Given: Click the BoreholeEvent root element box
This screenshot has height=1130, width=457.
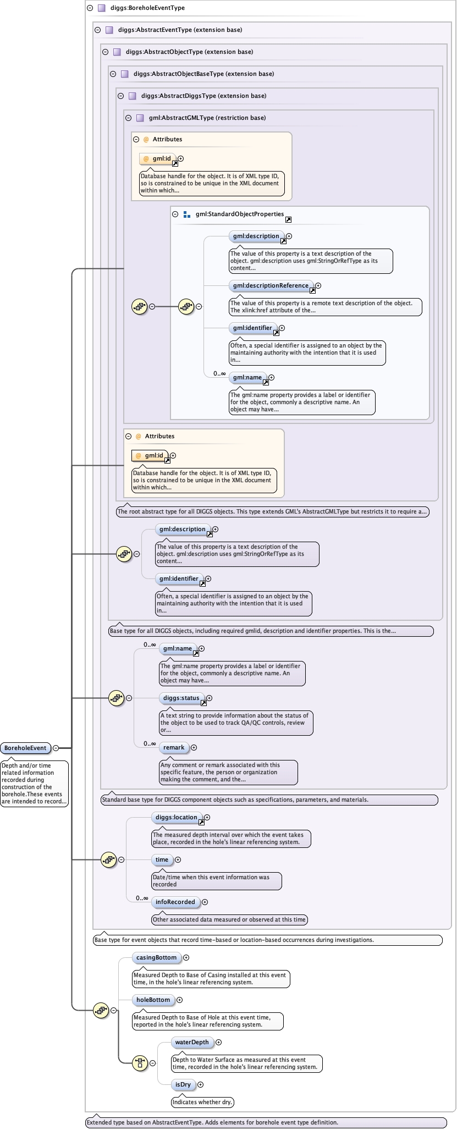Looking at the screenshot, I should (x=26, y=748).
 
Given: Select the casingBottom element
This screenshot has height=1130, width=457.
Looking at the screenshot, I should (x=156, y=957).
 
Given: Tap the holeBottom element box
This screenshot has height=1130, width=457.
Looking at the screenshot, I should (x=153, y=1000).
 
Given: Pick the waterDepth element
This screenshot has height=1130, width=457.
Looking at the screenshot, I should (x=192, y=1042).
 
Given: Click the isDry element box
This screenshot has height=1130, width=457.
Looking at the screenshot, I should (x=183, y=1084).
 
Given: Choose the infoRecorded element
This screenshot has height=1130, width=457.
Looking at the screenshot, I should (x=175, y=902).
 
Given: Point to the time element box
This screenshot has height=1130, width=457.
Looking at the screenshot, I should (x=162, y=859).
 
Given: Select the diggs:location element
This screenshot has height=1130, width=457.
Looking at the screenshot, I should (x=177, y=818).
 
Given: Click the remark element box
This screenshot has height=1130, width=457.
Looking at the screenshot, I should (x=174, y=747).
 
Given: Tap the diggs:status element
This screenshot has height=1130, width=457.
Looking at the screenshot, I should (x=181, y=698).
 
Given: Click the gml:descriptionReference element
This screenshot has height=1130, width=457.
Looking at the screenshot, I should (x=271, y=286).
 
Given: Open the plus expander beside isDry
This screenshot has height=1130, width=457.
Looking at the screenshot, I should (x=200, y=1085).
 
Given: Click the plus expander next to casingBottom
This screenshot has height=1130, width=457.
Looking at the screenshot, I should (x=186, y=957).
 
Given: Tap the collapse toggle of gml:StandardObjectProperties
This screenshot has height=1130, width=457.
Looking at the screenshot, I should (x=175, y=214).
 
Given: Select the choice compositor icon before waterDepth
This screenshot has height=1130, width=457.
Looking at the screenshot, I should (x=140, y=1063).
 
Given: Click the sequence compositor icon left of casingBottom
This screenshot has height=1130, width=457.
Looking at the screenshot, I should (x=101, y=1010).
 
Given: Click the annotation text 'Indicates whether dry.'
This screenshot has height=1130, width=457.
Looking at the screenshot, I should (x=203, y=1102).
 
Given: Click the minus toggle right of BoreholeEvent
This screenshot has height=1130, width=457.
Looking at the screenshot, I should (x=56, y=748).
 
